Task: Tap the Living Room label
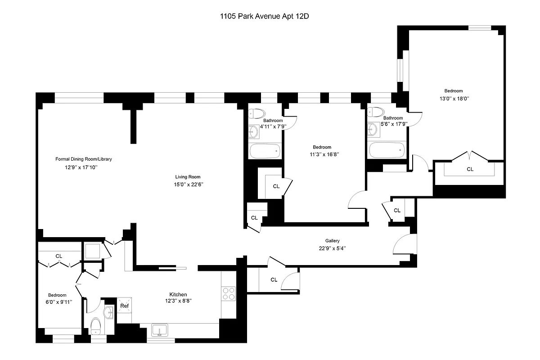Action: coord(188,177)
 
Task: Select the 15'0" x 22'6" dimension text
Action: coord(188,184)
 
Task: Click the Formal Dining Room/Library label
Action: coord(83,159)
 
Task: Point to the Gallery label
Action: coord(332,241)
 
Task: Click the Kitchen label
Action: coord(178,294)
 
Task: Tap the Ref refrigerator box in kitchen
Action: coord(124,306)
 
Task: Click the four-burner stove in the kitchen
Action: coord(229,293)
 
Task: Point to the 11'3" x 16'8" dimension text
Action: coord(322,154)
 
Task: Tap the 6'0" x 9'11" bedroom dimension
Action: coord(57,302)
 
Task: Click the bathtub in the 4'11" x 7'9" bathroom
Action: coord(265,151)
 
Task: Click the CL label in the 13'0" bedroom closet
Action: coord(470,169)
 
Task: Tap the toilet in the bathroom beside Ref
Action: coord(96,326)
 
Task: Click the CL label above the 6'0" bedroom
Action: coord(58,256)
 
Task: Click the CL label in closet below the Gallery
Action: coord(274,279)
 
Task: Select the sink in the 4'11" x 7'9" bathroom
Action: coord(253,131)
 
